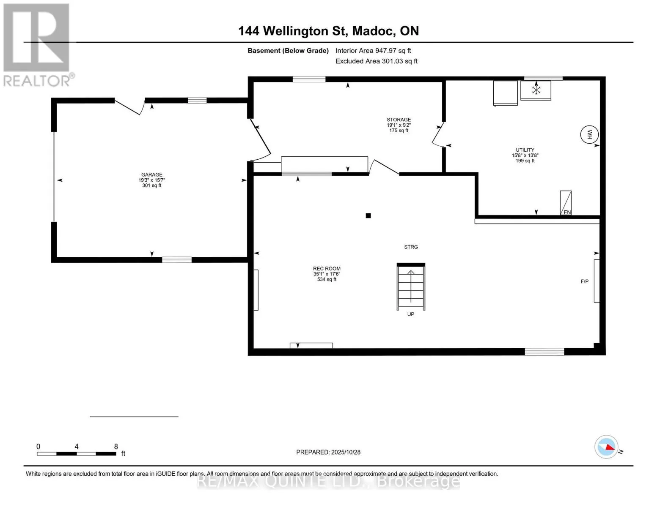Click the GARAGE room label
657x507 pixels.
(x=151, y=175)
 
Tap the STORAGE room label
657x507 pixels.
(x=399, y=120)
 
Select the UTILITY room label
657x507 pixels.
(x=525, y=150)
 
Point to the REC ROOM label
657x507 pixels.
(x=327, y=269)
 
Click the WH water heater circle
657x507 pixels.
(x=589, y=135)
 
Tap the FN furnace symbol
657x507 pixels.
(x=566, y=203)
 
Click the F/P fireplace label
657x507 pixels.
(x=584, y=281)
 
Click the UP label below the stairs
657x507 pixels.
(x=410, y=314)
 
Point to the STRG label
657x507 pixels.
(x=411, y=247)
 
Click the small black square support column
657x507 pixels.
(x=368, y=216)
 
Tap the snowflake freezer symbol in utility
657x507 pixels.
(x=536, y=90)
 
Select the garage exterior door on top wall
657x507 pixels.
(x=129, y=106)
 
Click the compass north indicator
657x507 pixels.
(x=606, y=447)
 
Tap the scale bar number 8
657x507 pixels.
(x=116, y=447)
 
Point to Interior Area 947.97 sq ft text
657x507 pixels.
(x=373, y=51)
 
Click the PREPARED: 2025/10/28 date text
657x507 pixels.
(x=328, y=452)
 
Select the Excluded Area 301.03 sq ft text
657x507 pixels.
(x=377, y=61)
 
